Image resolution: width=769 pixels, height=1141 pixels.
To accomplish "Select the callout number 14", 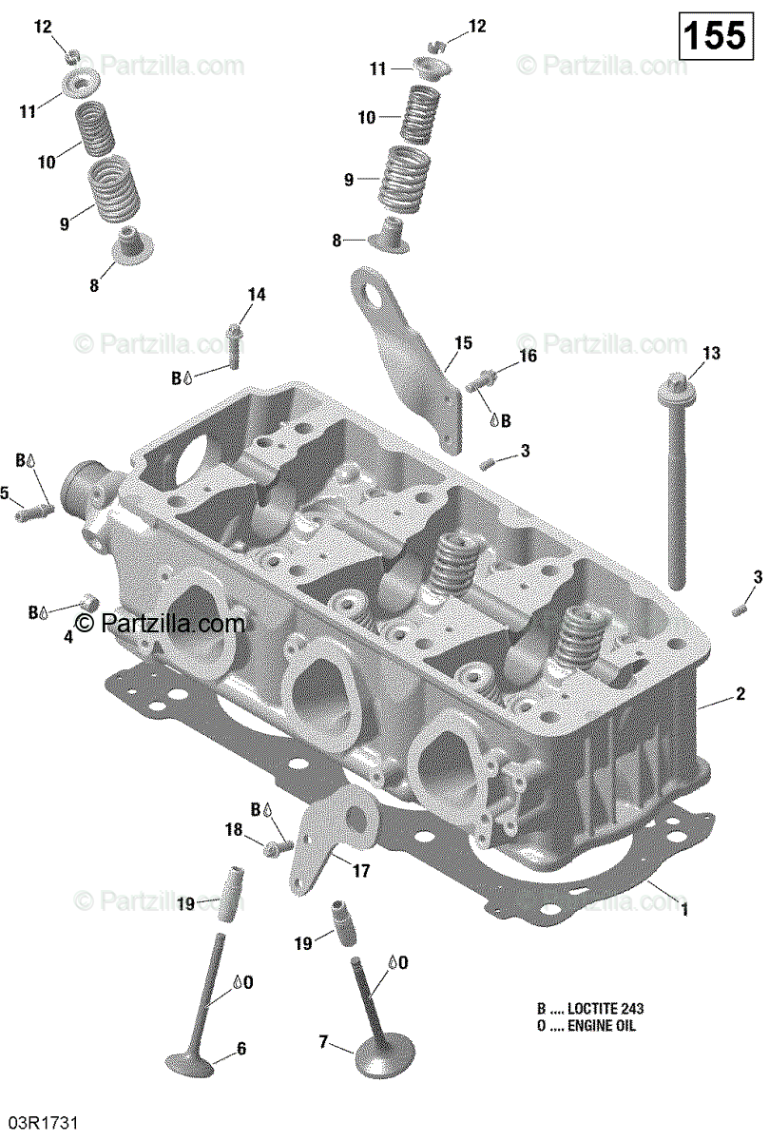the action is point(256,296).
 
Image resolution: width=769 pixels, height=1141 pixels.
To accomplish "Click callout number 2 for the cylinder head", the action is point(740,695).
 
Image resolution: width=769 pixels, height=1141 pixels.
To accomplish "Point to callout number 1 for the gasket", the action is point(682,910).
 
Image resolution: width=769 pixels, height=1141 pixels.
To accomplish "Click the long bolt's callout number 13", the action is point(711,354).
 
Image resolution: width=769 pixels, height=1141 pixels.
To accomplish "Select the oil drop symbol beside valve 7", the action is point(391,962).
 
